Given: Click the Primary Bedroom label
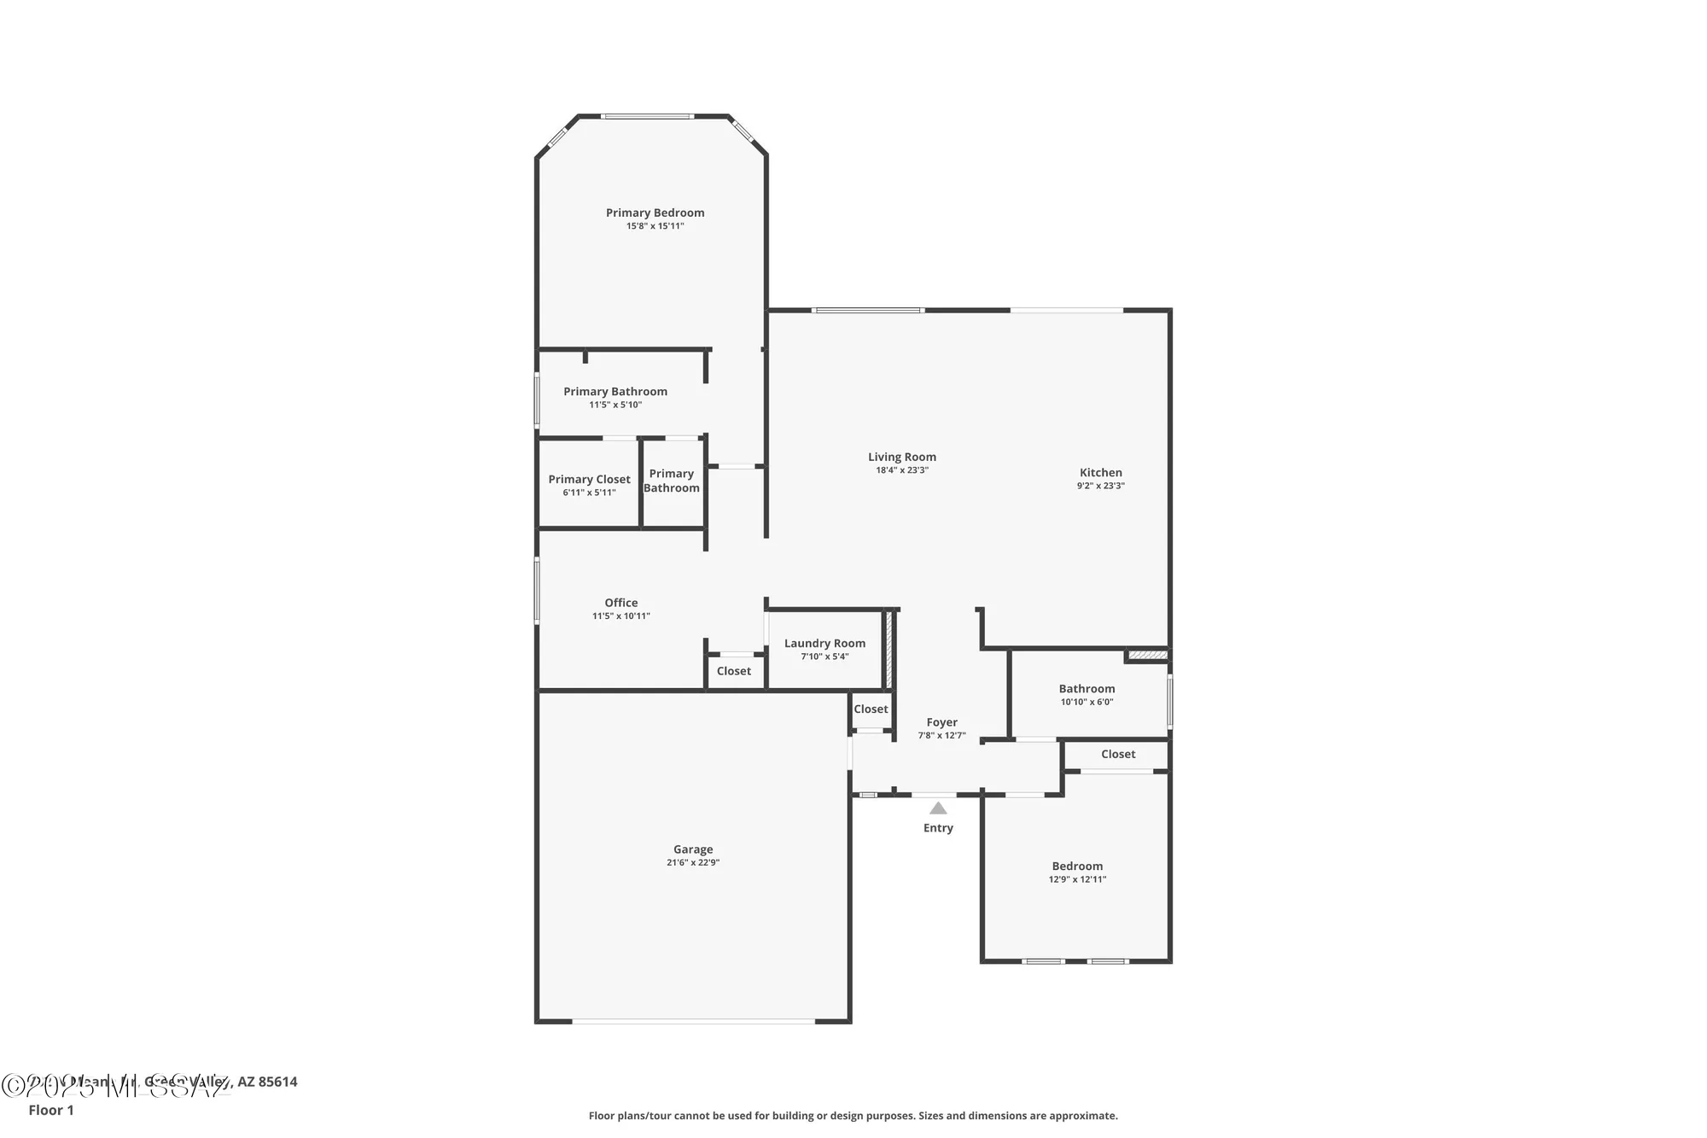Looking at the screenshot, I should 655,213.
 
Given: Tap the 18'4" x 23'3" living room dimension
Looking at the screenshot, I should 901,470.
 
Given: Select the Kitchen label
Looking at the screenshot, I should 1100,472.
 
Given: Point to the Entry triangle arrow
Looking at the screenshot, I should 938,808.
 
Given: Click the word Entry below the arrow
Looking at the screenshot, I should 938,828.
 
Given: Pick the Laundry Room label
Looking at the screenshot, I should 824,643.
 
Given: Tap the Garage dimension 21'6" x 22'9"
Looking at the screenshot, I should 692,862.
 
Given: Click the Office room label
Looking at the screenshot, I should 620,603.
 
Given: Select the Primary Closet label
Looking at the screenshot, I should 589,479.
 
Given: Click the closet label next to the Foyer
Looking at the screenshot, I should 871,709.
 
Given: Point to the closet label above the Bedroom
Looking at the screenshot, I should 1117,754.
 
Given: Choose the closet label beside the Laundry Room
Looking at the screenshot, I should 733,671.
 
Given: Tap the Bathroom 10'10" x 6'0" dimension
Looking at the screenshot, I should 1087,702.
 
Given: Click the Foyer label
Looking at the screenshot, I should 941,722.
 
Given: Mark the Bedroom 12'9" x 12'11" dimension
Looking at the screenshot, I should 1077,879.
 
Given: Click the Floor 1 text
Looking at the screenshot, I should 51,1110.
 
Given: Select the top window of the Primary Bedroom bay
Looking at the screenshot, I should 646,116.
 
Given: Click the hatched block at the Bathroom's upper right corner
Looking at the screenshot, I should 1147,655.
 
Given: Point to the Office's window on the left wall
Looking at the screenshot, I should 537,589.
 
